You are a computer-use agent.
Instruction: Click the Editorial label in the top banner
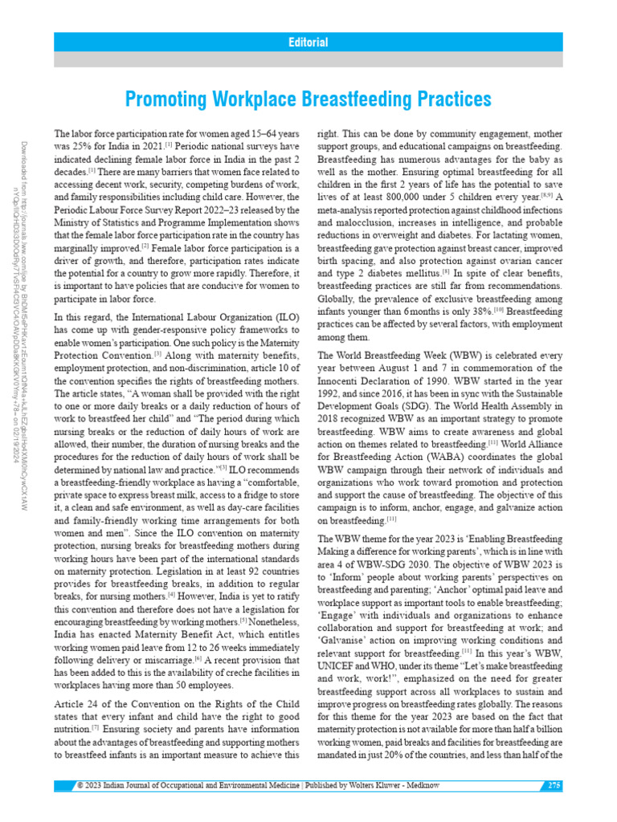tap(308, 43)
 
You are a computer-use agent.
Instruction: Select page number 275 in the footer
tap(554, 785)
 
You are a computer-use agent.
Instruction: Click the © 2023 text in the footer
tap(87, 785)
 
